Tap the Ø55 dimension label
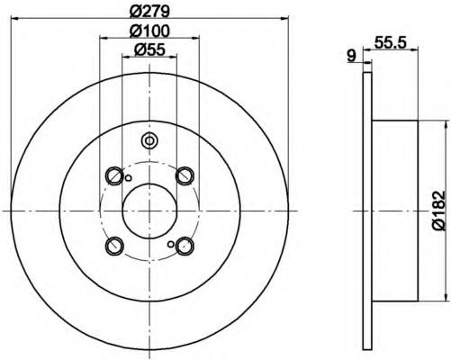149,53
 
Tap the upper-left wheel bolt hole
114,175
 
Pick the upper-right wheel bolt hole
185,175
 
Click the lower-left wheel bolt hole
114,245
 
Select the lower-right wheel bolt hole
185,245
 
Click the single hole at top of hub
149,140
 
